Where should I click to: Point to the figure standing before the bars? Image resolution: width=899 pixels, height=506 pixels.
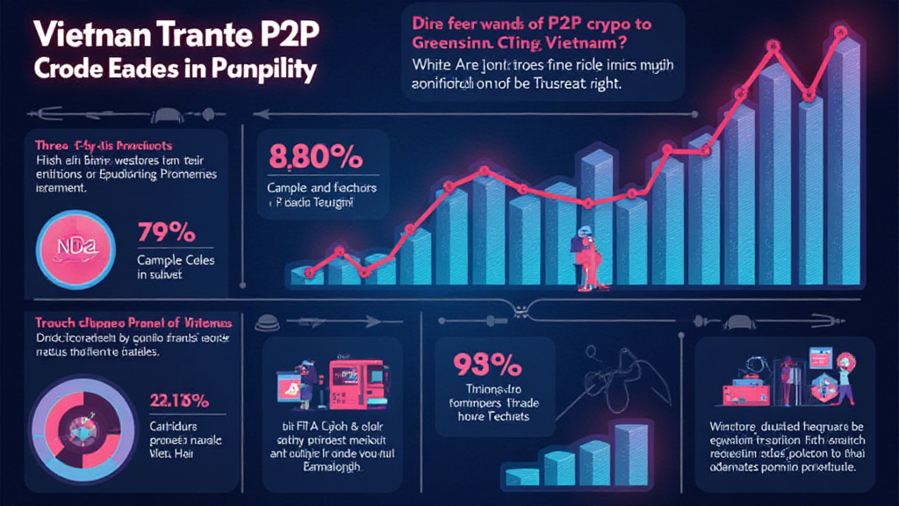[x=584, y=258]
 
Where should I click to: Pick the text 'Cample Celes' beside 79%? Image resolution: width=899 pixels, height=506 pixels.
[x=176, y=261]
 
